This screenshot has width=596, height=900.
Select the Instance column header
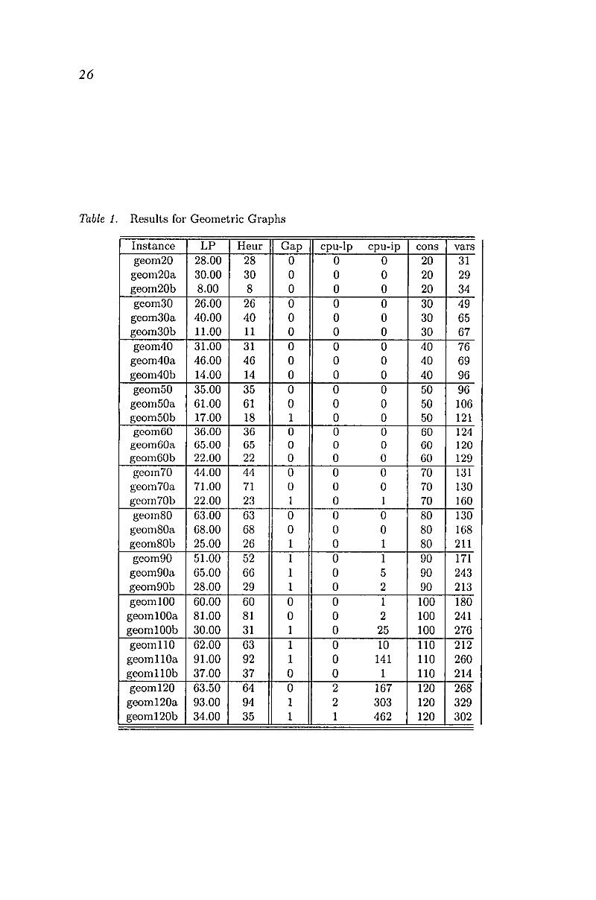[x=153, y=247]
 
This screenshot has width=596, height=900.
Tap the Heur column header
[x=250, y=247]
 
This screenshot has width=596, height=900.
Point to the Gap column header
[x=291, y=247]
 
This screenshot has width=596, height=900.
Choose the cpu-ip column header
[x=384, y=247]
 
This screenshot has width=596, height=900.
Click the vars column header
[x=464, y=247]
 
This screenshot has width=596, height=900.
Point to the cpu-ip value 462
[x=383, y=717]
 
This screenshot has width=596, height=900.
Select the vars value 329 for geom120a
[x=464, y=703]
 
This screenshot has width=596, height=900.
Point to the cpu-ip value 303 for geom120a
[x=383, y=703]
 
